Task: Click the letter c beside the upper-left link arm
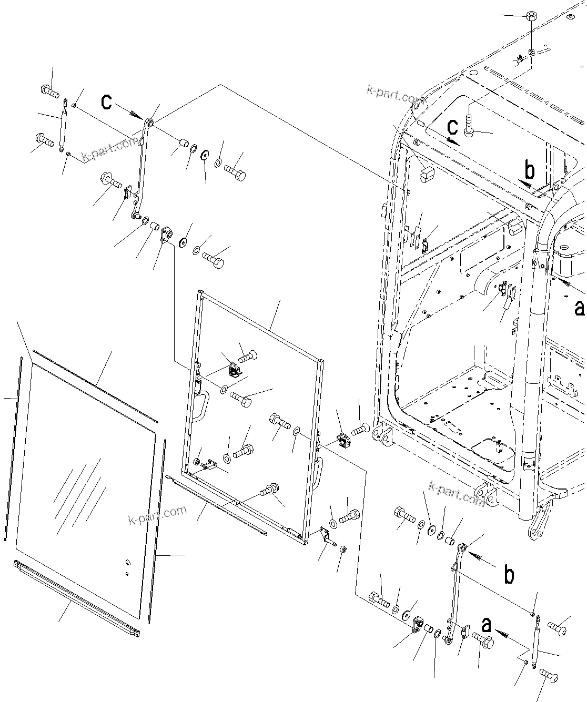107,101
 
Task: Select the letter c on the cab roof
452,127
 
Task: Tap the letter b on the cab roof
530,170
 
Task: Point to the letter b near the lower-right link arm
509,575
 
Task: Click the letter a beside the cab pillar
579,308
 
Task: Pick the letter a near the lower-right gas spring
487,624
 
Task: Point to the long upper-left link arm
142,168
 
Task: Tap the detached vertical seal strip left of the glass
13,447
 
